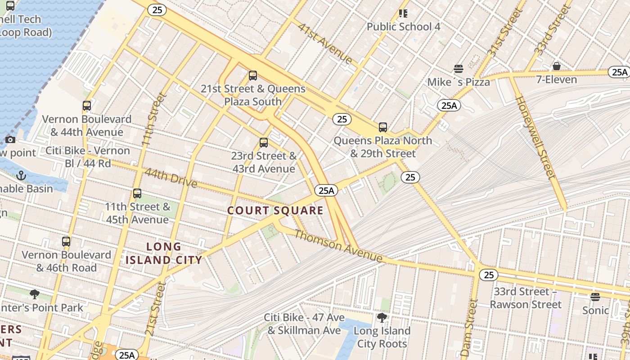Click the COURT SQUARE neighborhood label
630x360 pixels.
[x=275, y=211]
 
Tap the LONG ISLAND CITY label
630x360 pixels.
[x=164, y=253]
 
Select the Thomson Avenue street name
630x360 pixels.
[x=338, y=246]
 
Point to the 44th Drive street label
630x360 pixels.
[x=171, y=178]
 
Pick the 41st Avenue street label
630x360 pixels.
[x=325, y=43]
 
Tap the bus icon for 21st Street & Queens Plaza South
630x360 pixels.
[x=253, y=76]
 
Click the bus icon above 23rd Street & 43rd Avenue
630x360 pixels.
[x=264, y=143]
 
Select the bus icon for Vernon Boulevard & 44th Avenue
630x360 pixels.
[x=87, y=106]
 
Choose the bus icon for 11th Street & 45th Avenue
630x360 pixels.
[x=137, y=193]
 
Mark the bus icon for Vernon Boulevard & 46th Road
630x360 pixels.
[x=66, y=241]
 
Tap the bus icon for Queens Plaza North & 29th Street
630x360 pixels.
[x=383, y=127]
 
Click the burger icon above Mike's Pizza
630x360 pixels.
[x=459, y=69]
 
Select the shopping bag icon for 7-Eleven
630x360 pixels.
[x=557, y=66]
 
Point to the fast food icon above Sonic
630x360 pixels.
[x=595, y=297]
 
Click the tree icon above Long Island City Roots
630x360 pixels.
[x=382, y=318]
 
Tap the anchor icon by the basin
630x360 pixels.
[x=21, y=175]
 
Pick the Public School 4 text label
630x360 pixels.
[x=403, y=27]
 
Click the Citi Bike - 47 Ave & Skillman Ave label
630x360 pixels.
[x=304, y=324]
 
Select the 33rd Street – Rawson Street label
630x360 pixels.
[x=525, y=298]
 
